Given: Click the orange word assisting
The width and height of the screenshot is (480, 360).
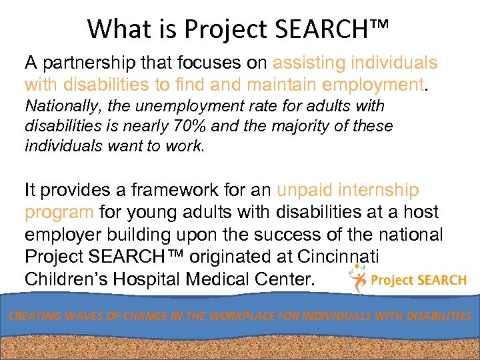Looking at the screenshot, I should tap(309, 63).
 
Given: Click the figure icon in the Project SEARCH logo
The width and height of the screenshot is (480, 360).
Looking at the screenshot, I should tap(359, 279).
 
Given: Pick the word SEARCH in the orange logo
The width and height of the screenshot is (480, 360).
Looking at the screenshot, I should tap(437, 280).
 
